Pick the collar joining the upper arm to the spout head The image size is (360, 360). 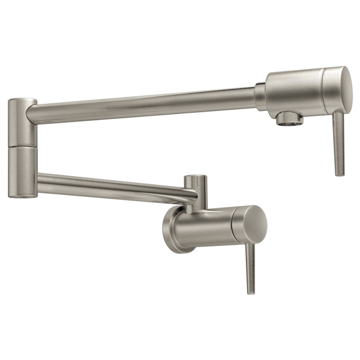click(x=260, y=97)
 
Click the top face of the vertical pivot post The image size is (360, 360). click(x=196, y=178)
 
